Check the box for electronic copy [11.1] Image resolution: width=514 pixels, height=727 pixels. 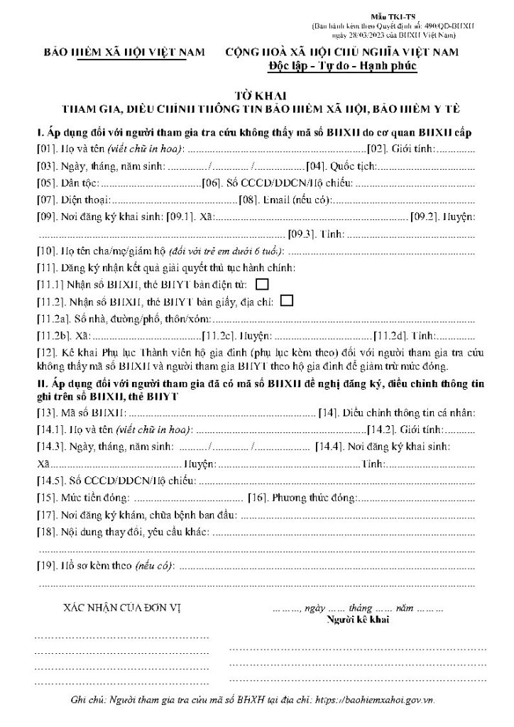[x=262, y=285]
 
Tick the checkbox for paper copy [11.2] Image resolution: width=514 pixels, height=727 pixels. [x=287, y=300]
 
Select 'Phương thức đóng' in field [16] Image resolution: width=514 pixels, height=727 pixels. [x=315, y=498]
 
